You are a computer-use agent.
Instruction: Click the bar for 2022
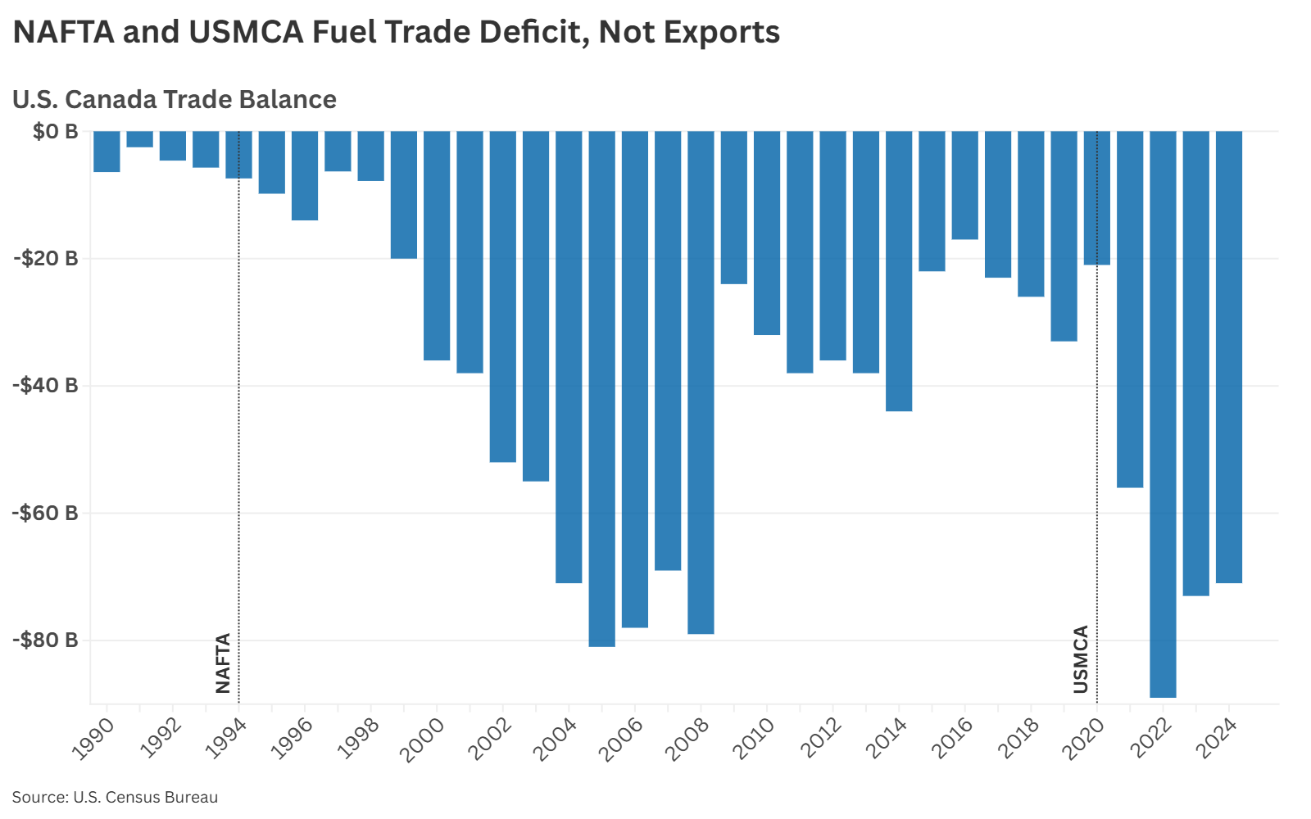tap(1163, 414)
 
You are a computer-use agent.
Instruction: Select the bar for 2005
tap(601, 389)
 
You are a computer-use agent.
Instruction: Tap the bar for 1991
tap(139, 139)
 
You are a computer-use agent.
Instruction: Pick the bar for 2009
tap(733, 207)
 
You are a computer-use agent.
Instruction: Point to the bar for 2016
tap(964, 185)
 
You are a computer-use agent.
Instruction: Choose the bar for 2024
tap(1228, 357)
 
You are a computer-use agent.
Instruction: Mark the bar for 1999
tap(403, 195)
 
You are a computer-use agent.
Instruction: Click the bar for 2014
tap(899, 271)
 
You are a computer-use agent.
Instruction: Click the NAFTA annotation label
tap(223, 663)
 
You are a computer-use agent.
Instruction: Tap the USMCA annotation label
tap(1081, 659)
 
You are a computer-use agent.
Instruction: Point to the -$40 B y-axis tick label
tap(46, 385)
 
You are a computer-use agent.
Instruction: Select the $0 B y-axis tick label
tap(56, 131)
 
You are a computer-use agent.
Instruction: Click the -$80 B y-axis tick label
tap(46, 640)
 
